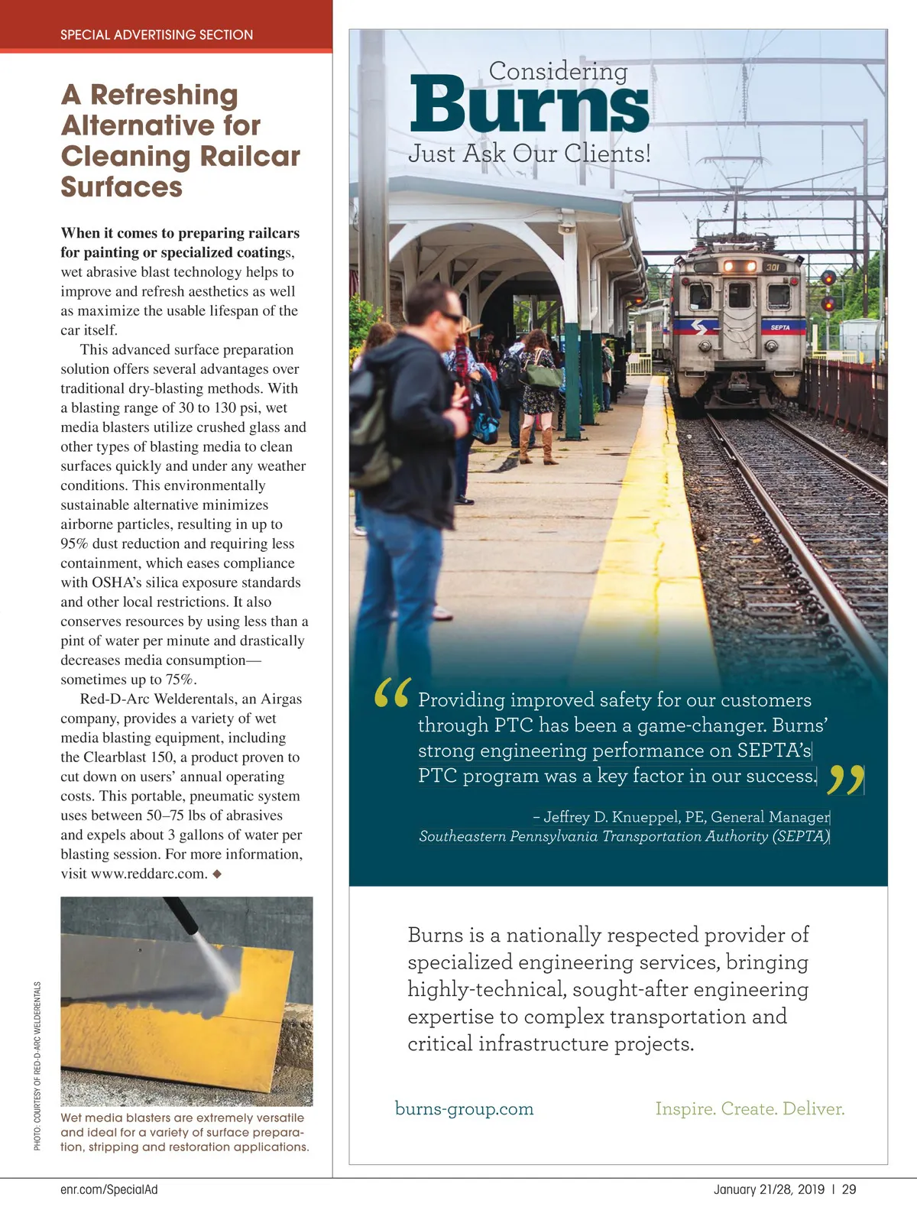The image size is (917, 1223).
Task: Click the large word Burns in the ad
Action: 530,103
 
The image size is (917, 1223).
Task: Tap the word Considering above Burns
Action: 558,71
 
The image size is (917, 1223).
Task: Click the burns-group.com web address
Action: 464,1108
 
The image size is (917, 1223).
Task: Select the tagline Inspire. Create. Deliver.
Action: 750,1108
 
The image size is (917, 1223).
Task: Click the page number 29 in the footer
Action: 849,1189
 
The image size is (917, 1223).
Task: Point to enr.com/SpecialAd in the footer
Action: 109,1189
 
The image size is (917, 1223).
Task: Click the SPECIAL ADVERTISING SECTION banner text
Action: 157,34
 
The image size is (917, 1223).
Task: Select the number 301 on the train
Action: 773,268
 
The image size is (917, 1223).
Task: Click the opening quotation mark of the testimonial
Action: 393,693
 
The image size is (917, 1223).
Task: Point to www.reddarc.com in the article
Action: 148,874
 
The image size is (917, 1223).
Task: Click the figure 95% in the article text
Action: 75,543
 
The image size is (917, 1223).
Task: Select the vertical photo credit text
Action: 37,1065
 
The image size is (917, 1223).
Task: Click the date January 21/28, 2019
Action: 769,1189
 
